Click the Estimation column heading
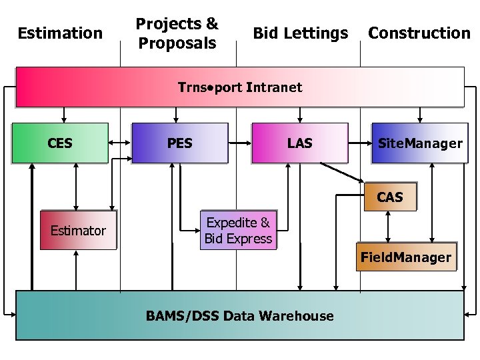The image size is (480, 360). click(60, 33)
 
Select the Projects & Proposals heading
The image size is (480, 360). click(177, 33)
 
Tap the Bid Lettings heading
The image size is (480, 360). click(300, 33)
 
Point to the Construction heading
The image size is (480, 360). click(419, 33)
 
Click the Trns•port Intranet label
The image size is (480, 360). click(240, 87)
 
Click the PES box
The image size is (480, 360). click(180, 143)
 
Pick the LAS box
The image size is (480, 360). click(299, 143)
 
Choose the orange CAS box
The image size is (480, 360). click(390, 197)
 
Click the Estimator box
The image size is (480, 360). click(78, 231)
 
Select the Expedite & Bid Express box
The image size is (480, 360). click(238, 231)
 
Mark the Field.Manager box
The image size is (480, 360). click(406, 257)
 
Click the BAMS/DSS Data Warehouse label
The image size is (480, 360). click(240, 315)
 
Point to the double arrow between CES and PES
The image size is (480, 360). click(120, 142)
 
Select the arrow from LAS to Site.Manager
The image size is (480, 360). click(359, 142)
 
